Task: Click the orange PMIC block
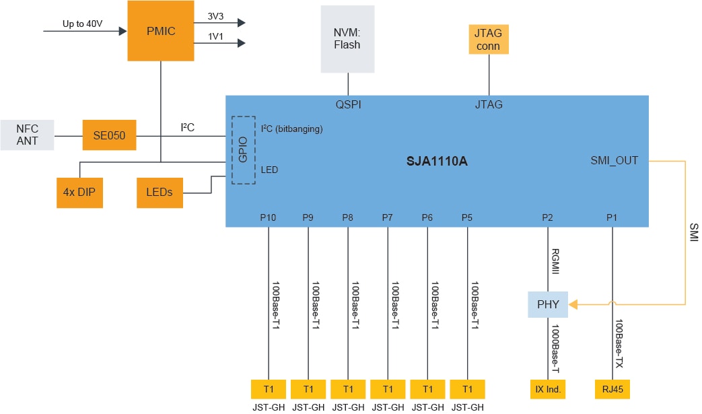click(x=161, y=31)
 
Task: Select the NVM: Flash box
click(x=347, y=39)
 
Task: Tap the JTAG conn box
click(x=489, y=39)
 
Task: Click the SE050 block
click(x=109, y=135)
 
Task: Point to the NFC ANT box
click(x=27, y=135)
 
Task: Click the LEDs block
click(x=159, y=192)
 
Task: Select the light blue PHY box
click(x=548, y=304)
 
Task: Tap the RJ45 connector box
click(x=612, y=389)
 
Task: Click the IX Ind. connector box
click(x=548, y=389)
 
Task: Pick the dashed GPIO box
click(x=244, y=149)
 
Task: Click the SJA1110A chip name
click(x=437, y=162)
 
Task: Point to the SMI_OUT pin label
click(x=614, y=160)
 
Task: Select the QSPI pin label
click(x=349, y=104)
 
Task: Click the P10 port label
click(x=269, y=217)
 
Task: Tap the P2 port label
click(x=548, y=217)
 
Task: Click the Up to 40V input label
click(x=82, y=24)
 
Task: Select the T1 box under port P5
click(x=468, y=389)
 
